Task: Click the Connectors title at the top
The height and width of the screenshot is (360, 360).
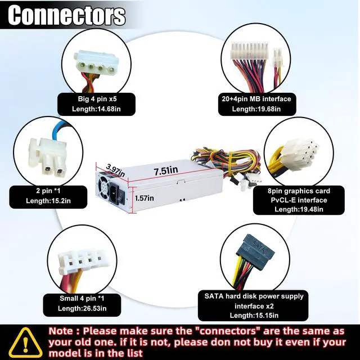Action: point(66,15)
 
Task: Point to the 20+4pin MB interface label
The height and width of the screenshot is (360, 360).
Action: point(264,99)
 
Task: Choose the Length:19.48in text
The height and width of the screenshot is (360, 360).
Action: point(299,210)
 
